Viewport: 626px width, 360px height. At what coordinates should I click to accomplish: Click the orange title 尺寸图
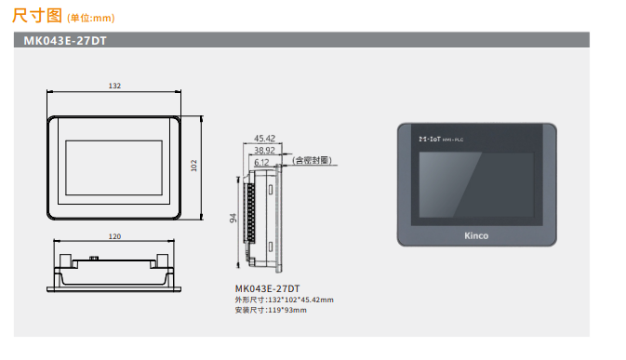click(x=36, y=16)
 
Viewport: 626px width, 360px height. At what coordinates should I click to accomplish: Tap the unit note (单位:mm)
click(x=91, y=18)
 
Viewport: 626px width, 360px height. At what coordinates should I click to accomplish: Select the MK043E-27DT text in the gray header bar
click(x=65, y=41)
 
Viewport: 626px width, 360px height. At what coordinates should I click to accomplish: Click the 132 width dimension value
click(x=114, y=86)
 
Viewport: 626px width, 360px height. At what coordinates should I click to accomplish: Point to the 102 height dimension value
click(x=194, y=166)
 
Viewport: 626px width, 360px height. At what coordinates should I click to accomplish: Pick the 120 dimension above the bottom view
click(x=114, y=236)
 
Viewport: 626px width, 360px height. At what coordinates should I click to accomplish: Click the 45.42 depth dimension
click(x=265, y=139)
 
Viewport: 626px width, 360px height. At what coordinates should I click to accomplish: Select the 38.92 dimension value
click(x=265, y=151)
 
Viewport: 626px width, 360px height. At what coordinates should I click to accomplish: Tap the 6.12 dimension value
click(x=261, y=163)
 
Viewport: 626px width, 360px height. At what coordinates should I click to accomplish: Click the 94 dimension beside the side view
click(x=233, y=218)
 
